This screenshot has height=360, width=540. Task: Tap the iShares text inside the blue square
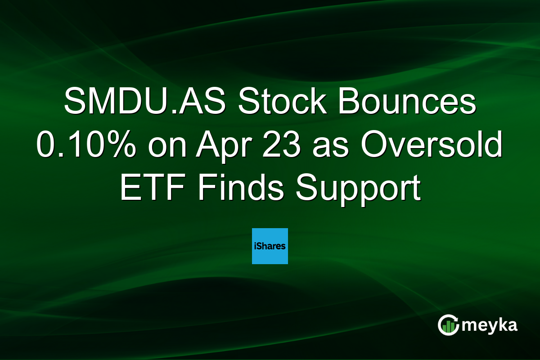[270, 246]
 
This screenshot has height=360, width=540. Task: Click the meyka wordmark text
[490, 325]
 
